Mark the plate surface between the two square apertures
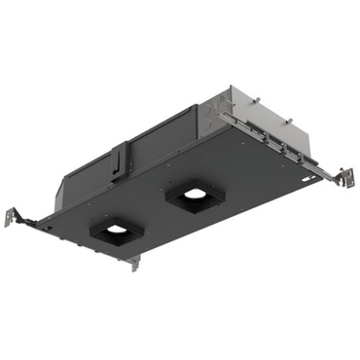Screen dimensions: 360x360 156,216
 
